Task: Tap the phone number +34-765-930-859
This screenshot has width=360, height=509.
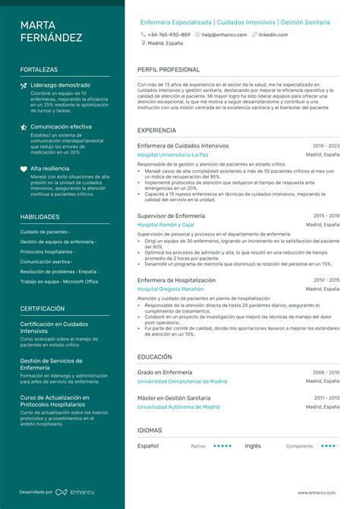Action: click(x=169, y=35)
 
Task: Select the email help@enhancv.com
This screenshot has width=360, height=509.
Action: click(x=224, y=35)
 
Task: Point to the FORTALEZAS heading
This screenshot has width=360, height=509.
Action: click(x=39, y=69)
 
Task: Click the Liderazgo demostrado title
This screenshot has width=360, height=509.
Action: click(x=60, y=85)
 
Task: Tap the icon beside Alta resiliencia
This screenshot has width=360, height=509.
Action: click(x=24, y=169)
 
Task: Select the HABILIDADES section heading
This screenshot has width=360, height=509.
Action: click(x=39, y=217)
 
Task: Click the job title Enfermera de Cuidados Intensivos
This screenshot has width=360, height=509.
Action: click(x=182, y=145)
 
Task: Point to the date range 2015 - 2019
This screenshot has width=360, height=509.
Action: click(x=327, y=216)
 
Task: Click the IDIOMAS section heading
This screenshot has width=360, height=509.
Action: click(x=150, y=430)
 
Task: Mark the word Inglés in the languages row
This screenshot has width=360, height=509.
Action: click(x=253, y=446)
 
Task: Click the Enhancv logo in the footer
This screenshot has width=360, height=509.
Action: click(x=75, y=492)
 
